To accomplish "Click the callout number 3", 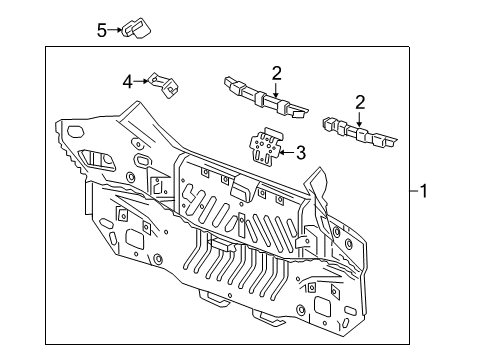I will coord(297,152).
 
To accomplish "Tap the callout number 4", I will coord(128,80).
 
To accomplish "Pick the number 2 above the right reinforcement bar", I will coord(360,101).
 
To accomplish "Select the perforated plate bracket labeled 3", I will coord(263,146).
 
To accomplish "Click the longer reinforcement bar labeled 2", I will coord(265,97).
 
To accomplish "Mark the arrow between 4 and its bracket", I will coord(142,79).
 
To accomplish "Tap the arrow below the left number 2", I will coord(277,87).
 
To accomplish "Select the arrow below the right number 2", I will coord(359,115).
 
